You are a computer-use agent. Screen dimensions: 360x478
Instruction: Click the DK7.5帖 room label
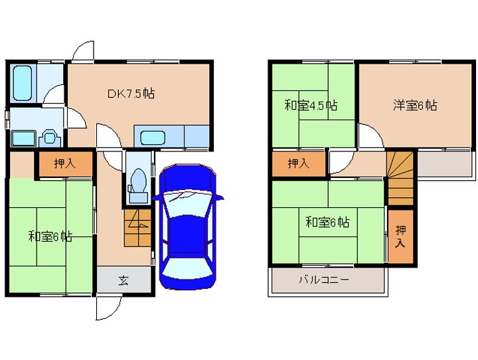click(x=131, y=94)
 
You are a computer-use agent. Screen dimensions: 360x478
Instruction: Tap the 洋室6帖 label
click(x=414, y=105)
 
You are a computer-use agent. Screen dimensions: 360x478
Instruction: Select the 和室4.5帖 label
click(x=311, y=105)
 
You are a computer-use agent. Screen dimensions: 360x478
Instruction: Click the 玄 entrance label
click(x=123, y=280)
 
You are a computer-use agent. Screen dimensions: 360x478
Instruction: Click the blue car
click(x=188, y=226)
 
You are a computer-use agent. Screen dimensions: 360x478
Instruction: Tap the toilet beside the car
click(x=139, y=181)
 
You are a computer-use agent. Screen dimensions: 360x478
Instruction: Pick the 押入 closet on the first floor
click(x=64, y=163)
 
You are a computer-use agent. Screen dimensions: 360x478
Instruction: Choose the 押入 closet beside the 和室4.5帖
click(x=298, y=163)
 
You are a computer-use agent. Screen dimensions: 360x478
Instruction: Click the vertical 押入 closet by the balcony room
click(x=401, y=236)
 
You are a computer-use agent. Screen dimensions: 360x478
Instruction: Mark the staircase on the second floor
click(x=400, y=179)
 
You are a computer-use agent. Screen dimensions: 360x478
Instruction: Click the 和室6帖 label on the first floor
click(x=50, y=236)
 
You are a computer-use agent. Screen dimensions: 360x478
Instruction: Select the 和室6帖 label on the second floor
click(x=327, y=222)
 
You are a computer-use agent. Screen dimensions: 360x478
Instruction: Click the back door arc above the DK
click(x=84, y=52)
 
